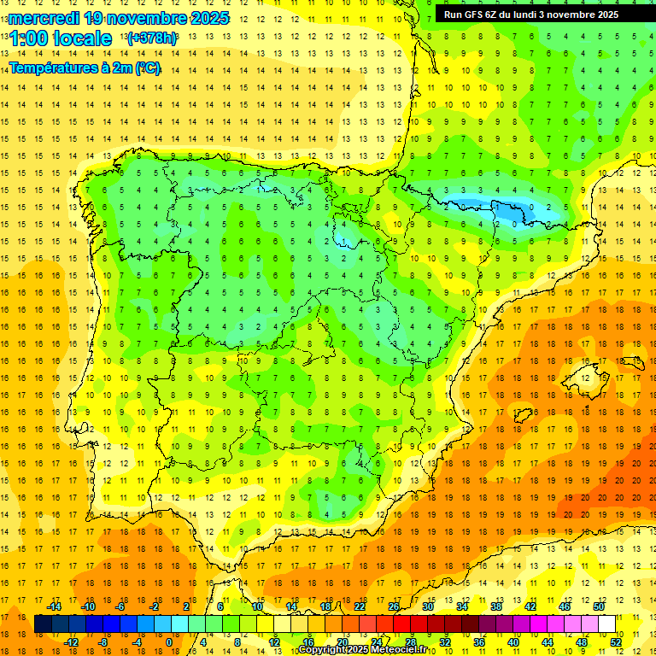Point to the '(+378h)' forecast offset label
152,38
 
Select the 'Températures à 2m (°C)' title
85,68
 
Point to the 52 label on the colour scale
617,641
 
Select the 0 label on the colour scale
168,641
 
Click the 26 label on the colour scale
393,606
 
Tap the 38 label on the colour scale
495,606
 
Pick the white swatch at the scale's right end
607,624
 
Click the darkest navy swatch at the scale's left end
43,624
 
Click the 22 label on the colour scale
360,606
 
